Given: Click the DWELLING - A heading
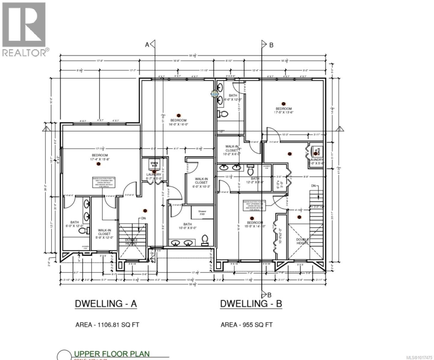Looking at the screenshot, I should click(x=106, y=304).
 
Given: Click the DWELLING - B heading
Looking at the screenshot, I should click(x=251, y=304).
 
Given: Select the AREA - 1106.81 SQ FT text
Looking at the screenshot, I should click(x=107, y=325).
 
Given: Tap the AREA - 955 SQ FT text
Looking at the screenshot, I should click(x=246, y=325).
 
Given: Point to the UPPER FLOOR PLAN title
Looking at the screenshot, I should click(x=111, y=354).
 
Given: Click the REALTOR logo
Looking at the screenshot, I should click(x=24, y=28).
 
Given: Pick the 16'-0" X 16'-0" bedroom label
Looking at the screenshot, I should click(x=179, y=122).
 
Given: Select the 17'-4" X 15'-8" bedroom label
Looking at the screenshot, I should click(x=98, y=157).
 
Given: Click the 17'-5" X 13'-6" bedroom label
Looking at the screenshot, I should click(x=284, y=111).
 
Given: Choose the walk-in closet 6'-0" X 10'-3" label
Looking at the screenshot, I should click(x=201, y=182).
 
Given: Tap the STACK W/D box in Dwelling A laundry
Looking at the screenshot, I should click(x=155, y=164).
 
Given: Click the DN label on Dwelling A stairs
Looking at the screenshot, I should click(x=143, y=218).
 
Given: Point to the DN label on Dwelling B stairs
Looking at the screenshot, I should click(x=314, y=186).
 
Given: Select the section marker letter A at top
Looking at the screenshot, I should click(x=147, y=45).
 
